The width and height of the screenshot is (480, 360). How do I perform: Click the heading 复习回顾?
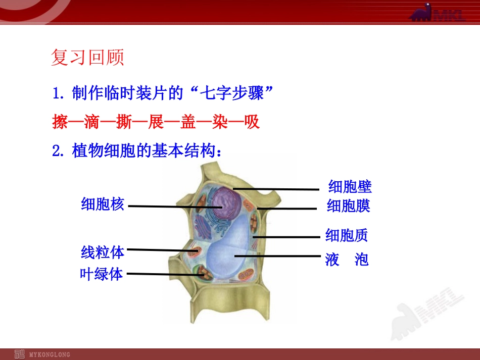click(x=87, y=58)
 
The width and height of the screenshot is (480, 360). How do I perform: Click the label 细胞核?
click(x=103, y=204)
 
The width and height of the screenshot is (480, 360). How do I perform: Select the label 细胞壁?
click(x=350, y=186)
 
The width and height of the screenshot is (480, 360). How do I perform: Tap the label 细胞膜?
click(x=349, y=205)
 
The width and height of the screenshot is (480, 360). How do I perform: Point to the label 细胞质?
click(x=347, y=235)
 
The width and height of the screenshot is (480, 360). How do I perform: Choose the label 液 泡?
click(x=347, y=260)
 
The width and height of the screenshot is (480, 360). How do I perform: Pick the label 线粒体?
click(x=103, y=251)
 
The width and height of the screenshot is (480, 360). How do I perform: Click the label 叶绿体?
click(x=102, y=274)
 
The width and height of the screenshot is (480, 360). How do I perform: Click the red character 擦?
click(x=60, y=122)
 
